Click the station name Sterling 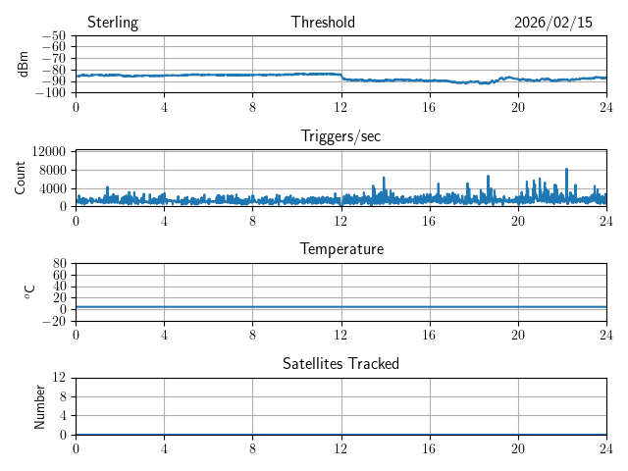tap(113, 23)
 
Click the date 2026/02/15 tap(553, 23)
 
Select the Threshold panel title tap(323, 23)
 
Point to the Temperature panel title tap(340, 249)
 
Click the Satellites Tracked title tap(340, 363)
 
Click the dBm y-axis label tap(24, 64)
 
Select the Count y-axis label tap(21, 178)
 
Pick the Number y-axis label tap(40, 405)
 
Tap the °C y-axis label tap(30, 291)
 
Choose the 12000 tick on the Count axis tap(48, 151)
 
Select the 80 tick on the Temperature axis tap(59, 264)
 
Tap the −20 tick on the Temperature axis tap(55, 321)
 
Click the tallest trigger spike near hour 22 tap(566, 170)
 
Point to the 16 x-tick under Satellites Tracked tap(430, 448)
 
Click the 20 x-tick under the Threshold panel tap(518, 107)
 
